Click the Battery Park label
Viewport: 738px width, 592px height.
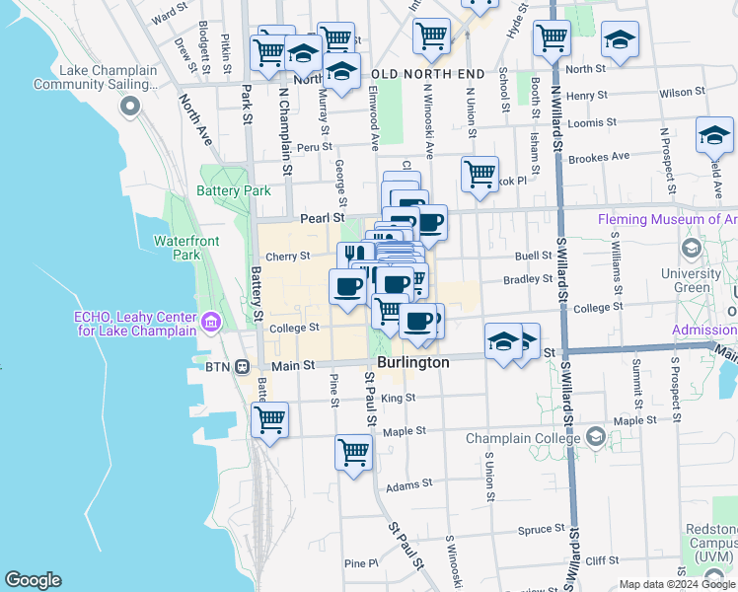click(x=233, y=190)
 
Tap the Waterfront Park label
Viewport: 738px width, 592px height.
click(x=178, y=248)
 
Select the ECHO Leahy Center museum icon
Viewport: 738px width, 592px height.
click(x=210, y=322)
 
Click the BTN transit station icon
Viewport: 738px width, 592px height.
click(x=240, y=365)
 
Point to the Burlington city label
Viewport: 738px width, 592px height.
click(x=413, y=363)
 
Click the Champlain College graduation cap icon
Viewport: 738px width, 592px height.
click(x=594, y=435)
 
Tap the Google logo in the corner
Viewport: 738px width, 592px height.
click(x=32, y=580)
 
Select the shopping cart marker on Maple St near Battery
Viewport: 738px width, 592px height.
click(x=269, y=419)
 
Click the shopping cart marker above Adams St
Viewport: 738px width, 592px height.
click(x=353, y=453)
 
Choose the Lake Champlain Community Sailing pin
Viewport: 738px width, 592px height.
click(x=129, y=108)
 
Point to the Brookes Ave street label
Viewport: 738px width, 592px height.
click(x=599, y=156)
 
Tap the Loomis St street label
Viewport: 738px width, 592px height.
click(x=592, y=123)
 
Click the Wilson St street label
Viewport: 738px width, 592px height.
click(x=677, y=93)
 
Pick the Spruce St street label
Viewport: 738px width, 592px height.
click(x=540, y=530)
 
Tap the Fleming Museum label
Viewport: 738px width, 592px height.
click(x=667, y=220)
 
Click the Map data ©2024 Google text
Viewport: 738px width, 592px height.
click(x=677, y=584)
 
